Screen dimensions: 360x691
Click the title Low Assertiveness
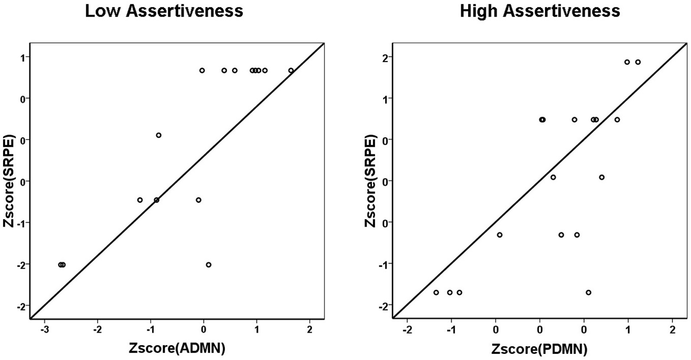coord(164,11)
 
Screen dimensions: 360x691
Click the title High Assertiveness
coord(540,11)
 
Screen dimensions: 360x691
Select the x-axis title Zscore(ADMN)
coord(176,348)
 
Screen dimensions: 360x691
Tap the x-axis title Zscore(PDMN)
coord(539,348)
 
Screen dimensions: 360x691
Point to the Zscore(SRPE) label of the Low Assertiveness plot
coord(9,181)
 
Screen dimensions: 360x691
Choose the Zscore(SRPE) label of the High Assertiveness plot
coord(371,181)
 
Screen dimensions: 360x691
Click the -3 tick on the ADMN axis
coord(45,330)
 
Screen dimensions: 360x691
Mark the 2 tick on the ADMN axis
coord(310,330)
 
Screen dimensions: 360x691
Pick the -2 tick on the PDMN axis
coord(407,330)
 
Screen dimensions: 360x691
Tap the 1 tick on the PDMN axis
coord(628,330)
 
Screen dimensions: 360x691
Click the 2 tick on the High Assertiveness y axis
coord(384,57)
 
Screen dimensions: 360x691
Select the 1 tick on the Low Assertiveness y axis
coord(22,57)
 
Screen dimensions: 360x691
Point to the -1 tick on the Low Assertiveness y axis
coord(21,223)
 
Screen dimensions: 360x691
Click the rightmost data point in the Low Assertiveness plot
coord(291,71)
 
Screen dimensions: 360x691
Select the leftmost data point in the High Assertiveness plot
coord(436,292)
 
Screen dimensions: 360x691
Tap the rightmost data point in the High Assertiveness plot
coord(638,62)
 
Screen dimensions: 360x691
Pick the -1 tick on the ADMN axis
coord(150,330)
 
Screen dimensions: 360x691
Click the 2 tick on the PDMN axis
coord(672,330)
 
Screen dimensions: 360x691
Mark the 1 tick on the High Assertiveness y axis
coord(384,98)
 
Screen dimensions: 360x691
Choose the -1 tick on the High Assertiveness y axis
coord(383,264)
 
